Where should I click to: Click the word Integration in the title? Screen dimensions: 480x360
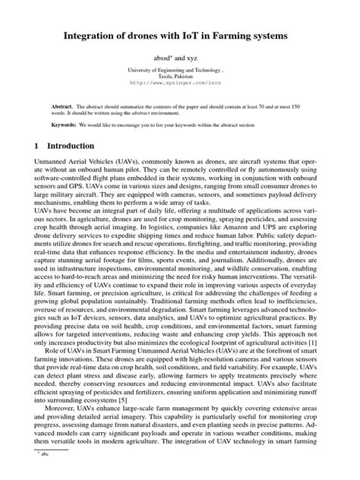(x=91, y=35)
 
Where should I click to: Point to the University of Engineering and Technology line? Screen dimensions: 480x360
(x=180, y=69)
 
